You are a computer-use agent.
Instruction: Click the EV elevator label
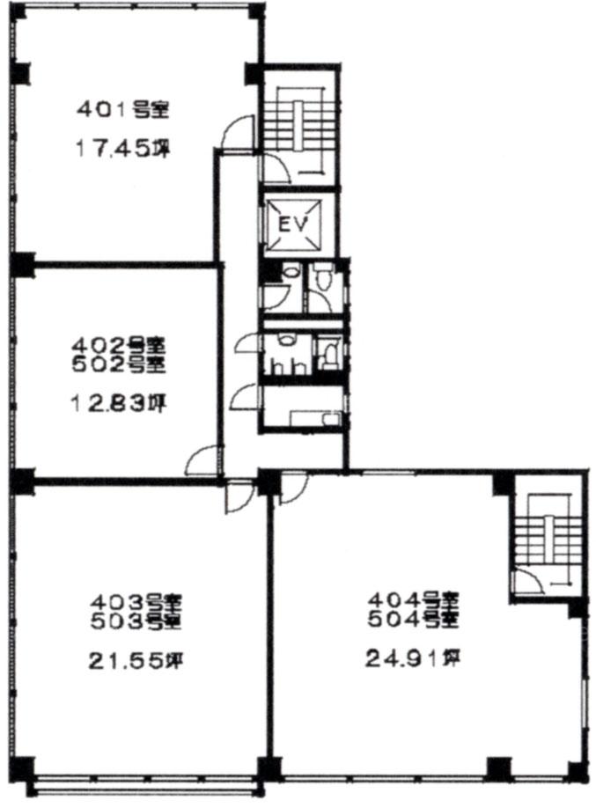(293, 224)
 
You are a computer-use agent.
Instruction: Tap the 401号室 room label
(122, 110)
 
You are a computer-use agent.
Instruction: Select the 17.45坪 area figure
(123, 149)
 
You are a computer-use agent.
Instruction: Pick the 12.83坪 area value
(118, 403)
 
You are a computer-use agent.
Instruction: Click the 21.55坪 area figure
(136, 660)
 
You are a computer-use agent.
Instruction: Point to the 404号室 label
(413, 599)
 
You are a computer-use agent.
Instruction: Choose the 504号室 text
(413, 620)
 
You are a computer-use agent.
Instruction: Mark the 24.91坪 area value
(413, 658)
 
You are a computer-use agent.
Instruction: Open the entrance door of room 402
(204, 459)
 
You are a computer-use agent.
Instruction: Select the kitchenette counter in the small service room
(315, 417)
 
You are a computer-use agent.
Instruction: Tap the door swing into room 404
(293, 488)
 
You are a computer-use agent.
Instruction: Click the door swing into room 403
(240, 496)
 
